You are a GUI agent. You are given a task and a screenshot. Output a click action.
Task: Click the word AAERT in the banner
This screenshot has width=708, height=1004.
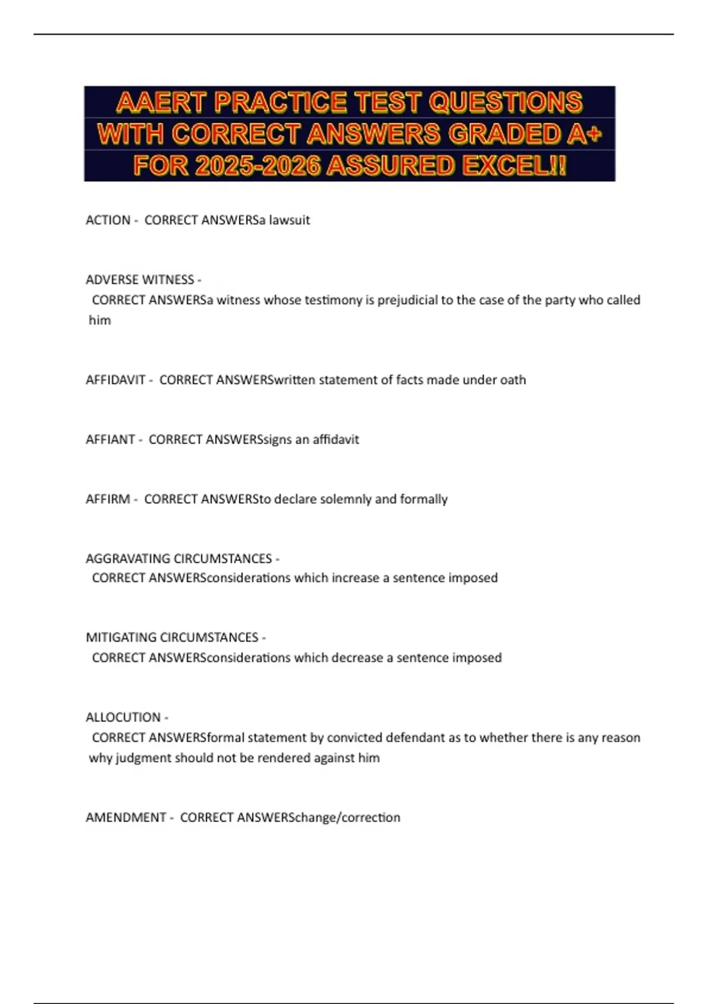[161, 102]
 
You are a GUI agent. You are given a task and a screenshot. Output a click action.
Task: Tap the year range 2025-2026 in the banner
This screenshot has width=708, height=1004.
[257, 165]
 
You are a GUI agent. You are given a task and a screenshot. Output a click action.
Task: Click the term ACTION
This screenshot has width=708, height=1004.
[108, 220]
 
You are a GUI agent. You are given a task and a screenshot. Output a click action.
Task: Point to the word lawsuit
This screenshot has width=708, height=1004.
[289, 220]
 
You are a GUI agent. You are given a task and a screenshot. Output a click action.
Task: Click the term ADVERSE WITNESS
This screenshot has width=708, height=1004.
[140, 279]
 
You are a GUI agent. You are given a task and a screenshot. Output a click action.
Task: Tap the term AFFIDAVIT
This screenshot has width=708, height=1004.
[116, 380]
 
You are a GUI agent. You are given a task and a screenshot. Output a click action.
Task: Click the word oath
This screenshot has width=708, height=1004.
[513, 380]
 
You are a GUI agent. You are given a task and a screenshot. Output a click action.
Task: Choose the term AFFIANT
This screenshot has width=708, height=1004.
[110, 439]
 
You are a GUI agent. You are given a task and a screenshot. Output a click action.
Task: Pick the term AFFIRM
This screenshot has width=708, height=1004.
[108, 499]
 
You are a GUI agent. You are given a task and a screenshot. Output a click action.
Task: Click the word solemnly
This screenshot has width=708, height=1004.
[345, 499]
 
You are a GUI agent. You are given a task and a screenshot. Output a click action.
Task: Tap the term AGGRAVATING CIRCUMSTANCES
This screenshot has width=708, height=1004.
[179, 559]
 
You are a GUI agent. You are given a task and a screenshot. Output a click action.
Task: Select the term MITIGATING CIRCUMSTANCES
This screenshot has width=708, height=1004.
[172, 638]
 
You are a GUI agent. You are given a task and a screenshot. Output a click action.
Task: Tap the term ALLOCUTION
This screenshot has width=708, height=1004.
[123, 718]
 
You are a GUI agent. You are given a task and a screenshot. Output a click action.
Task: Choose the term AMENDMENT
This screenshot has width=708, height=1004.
[126, 817]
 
